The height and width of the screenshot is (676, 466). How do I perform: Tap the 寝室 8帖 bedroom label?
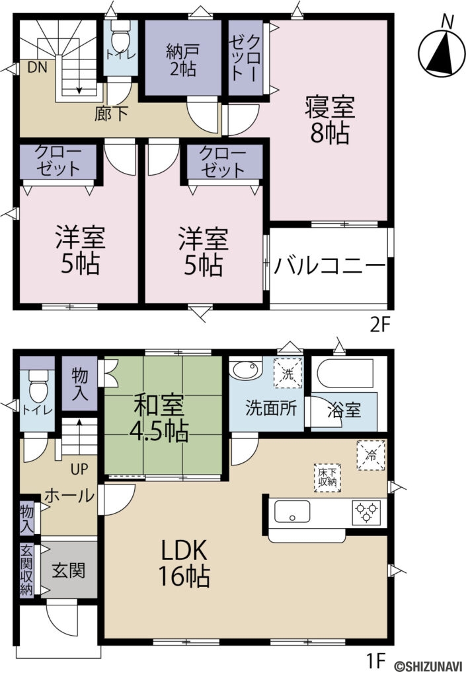point(329,119)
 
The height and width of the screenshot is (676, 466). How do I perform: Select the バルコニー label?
point(330,267)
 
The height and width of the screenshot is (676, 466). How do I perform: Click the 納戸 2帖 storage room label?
point(182,60)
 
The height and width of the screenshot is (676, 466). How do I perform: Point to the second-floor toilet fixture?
point(120,32)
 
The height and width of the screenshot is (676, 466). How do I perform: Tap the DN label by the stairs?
point(37,67)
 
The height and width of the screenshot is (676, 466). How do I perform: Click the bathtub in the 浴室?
point(342,374)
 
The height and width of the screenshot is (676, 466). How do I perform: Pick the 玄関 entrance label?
point(69,569)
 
